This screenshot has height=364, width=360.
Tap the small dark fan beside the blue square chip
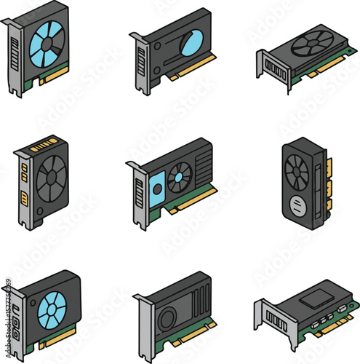[x=180, y=177]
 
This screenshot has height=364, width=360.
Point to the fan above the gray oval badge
[x=297, y=173]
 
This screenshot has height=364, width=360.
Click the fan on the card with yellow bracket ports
[x=52, y=175]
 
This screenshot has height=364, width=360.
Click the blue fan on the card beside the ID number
[x=52, y=309]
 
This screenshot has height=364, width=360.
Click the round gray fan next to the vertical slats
[x=168, y=317]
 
